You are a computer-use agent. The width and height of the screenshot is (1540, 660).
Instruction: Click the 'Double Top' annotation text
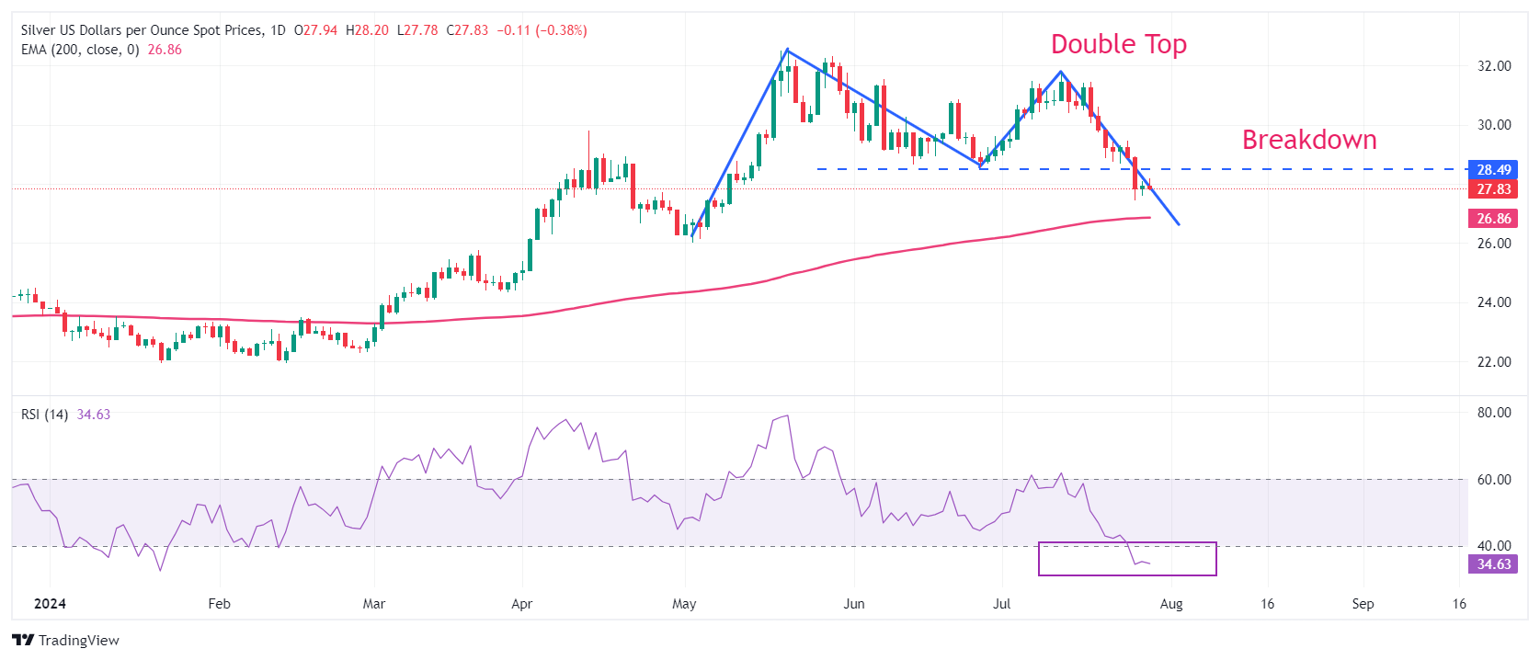pyautogui.click(x=1118, y=44)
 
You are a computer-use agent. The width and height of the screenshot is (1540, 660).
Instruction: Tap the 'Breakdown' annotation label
pyautogui.click(x=1309, y=140)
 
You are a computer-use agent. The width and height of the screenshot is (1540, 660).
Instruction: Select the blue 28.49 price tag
pyautogui.click(x=1493, y=169)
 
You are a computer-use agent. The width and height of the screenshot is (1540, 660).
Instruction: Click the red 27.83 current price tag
pyautogui.click(x=1493, y=189)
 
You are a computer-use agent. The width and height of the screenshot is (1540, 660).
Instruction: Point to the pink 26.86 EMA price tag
pyautogui.click(x=1493, y=219)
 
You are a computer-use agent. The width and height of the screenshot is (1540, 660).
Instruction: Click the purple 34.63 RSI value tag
pyautogui.click(x=1493, y=564)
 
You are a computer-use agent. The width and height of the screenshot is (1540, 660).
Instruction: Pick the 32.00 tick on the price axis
pyautogui.click(x=1494, y=66)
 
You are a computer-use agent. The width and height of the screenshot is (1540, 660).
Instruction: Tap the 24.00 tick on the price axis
pyautogui.click(x=1494, y=302)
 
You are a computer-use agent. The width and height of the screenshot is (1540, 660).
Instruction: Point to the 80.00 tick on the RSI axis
pyautogui.click(x=1494, y=413)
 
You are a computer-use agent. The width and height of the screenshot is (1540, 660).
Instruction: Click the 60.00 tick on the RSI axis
pyautogui.click(x=1494, y=480)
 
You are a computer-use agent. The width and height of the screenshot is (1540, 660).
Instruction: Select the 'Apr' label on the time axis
pyautogui.click(x=521, y=604)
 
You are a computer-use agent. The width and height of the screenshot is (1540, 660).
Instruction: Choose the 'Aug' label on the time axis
pyautogui.click(x=1170, y=604)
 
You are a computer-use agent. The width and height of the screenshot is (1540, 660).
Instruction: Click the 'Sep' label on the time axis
pyautogui.click(x=1363, y=604)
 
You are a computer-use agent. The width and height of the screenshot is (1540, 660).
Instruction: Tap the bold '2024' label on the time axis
pyautogui.click(x=50, y=604)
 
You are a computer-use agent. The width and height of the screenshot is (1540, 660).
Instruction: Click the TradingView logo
pyautogui.click(x=65, y=640)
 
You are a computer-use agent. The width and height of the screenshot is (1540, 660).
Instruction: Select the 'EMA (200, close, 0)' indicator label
pyautogui.click(x=80, y=50)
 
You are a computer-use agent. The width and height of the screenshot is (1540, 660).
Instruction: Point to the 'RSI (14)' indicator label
pyautogui.click(x=44, y=415)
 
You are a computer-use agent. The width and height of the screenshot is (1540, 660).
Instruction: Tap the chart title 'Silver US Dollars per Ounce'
pyautogui.click(x=142, y=30)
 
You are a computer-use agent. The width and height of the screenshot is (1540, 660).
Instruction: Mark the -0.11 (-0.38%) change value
pyautogui.click(x=542, y=30)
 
